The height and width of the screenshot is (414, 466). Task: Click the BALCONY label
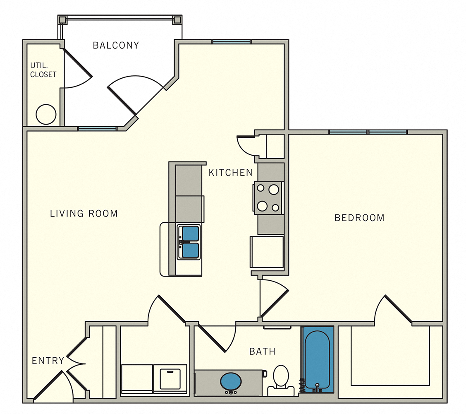coord(116,45)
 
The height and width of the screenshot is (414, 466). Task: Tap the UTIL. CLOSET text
coord(43,70)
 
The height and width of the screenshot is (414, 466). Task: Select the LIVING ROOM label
coord(84,214)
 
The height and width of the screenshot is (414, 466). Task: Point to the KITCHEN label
coord(230,173)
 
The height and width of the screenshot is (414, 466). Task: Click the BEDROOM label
coord(359,218)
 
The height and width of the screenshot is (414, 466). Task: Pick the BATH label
coord(262,351)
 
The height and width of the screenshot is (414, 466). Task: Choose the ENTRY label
coord(48,361)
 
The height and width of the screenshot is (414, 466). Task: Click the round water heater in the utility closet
coord(45,114)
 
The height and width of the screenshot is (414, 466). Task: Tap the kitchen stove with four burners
coord(268,198)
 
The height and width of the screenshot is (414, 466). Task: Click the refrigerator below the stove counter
coord(267,252)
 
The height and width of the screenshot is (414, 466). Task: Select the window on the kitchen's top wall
coord(231,41)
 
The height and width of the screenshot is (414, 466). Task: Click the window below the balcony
coord(97,129)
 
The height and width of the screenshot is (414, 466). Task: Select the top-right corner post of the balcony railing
coord(177,20)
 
